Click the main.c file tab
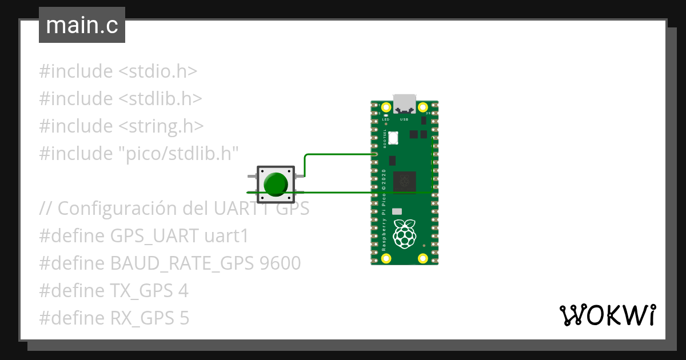coord(82,26)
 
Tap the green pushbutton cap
coord(276,183)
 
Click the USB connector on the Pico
coord(404,103)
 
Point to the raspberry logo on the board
coord(405,234)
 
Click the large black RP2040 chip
coord(405,182)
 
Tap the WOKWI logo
coord(607,315)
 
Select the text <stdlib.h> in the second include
coord(160,98)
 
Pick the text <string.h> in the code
coord(161,126)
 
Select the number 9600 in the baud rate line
coord(280,263)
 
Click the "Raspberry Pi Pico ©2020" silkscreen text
coord(384,211)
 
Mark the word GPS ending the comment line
coord(293,208)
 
